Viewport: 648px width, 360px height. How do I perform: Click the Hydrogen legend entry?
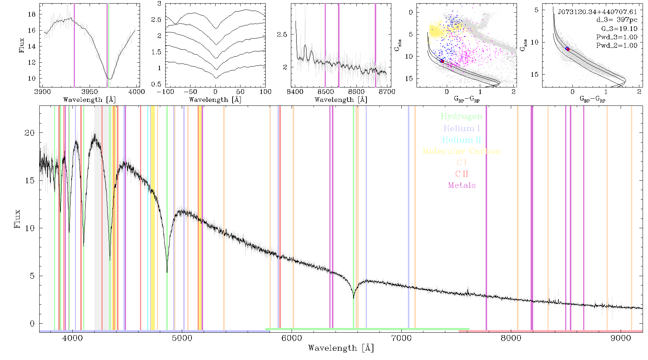click(x=462, y=116)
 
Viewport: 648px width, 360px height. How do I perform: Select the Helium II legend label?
click(x=462, y=140)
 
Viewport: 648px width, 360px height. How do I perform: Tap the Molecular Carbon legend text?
click(x=462, y=151)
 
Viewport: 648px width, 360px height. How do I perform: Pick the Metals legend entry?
click(x=462, y=185)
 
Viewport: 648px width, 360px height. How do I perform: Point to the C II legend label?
click(x=462, y=174)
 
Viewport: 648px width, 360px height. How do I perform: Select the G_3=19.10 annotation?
click(x=619, y=29)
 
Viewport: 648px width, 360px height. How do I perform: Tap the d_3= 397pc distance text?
click(x=617, y=20)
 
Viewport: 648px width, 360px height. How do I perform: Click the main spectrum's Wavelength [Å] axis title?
click(x=341, y=348)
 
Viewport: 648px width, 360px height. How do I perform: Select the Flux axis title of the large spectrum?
click(x=17, y=219)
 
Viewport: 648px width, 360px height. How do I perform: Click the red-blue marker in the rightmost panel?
click(x=567, y=49)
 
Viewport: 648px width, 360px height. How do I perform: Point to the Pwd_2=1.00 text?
click(x=617, y=46)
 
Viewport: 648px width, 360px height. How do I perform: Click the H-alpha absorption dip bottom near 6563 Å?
click(x=354, y=298)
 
